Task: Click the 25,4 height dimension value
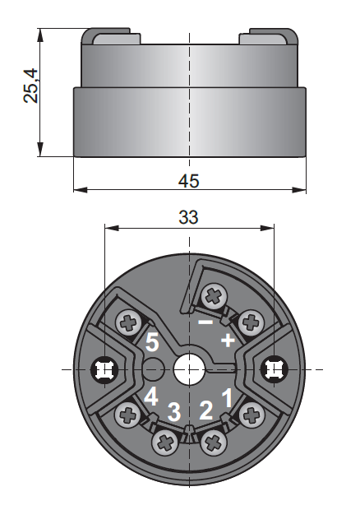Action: pyautogui.click(x=31, y=86)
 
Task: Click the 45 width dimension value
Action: pyautogui.click(x=189, y=181)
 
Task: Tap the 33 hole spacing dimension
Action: pyautogui.click(x=189, y=217)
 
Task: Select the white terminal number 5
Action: pyautogui.click(x=152, y=342)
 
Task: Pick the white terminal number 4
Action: pyautogui.click(x=150, y=396)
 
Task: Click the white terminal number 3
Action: pyautogui.click(x=174, y=411)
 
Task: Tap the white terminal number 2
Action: pyautogui.click(x=206, y=410)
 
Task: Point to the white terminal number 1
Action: pyautogui.click(x=228, y=397)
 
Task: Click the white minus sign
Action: pyautogui.click(x=205, y=322)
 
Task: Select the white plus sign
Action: pyautogui.click(x=228, y=341)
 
